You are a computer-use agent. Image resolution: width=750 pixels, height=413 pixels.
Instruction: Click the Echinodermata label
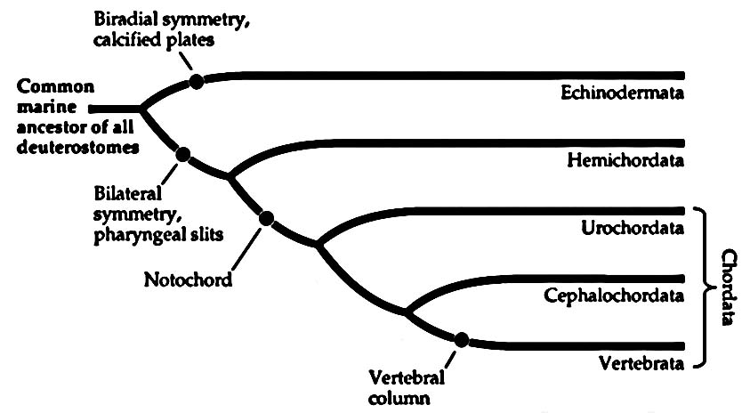(622, 93)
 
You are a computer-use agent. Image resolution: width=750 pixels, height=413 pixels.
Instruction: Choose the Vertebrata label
(641, 363)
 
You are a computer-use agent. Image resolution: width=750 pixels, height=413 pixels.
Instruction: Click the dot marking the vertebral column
(461, 339)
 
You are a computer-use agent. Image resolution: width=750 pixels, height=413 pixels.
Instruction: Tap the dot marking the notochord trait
(265, 217)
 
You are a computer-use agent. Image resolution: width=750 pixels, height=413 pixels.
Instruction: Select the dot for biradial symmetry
(197, 81)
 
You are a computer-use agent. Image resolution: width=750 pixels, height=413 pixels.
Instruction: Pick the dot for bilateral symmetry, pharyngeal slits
(183, 154)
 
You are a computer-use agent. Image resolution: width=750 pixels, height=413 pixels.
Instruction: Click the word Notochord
(188, 280)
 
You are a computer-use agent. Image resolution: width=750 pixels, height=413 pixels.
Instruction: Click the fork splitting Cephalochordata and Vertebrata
(406, 312)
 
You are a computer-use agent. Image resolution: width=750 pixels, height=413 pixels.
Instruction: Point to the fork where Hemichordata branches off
(230, 176)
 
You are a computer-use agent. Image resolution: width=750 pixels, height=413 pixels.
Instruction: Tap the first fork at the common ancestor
(141, 108)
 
